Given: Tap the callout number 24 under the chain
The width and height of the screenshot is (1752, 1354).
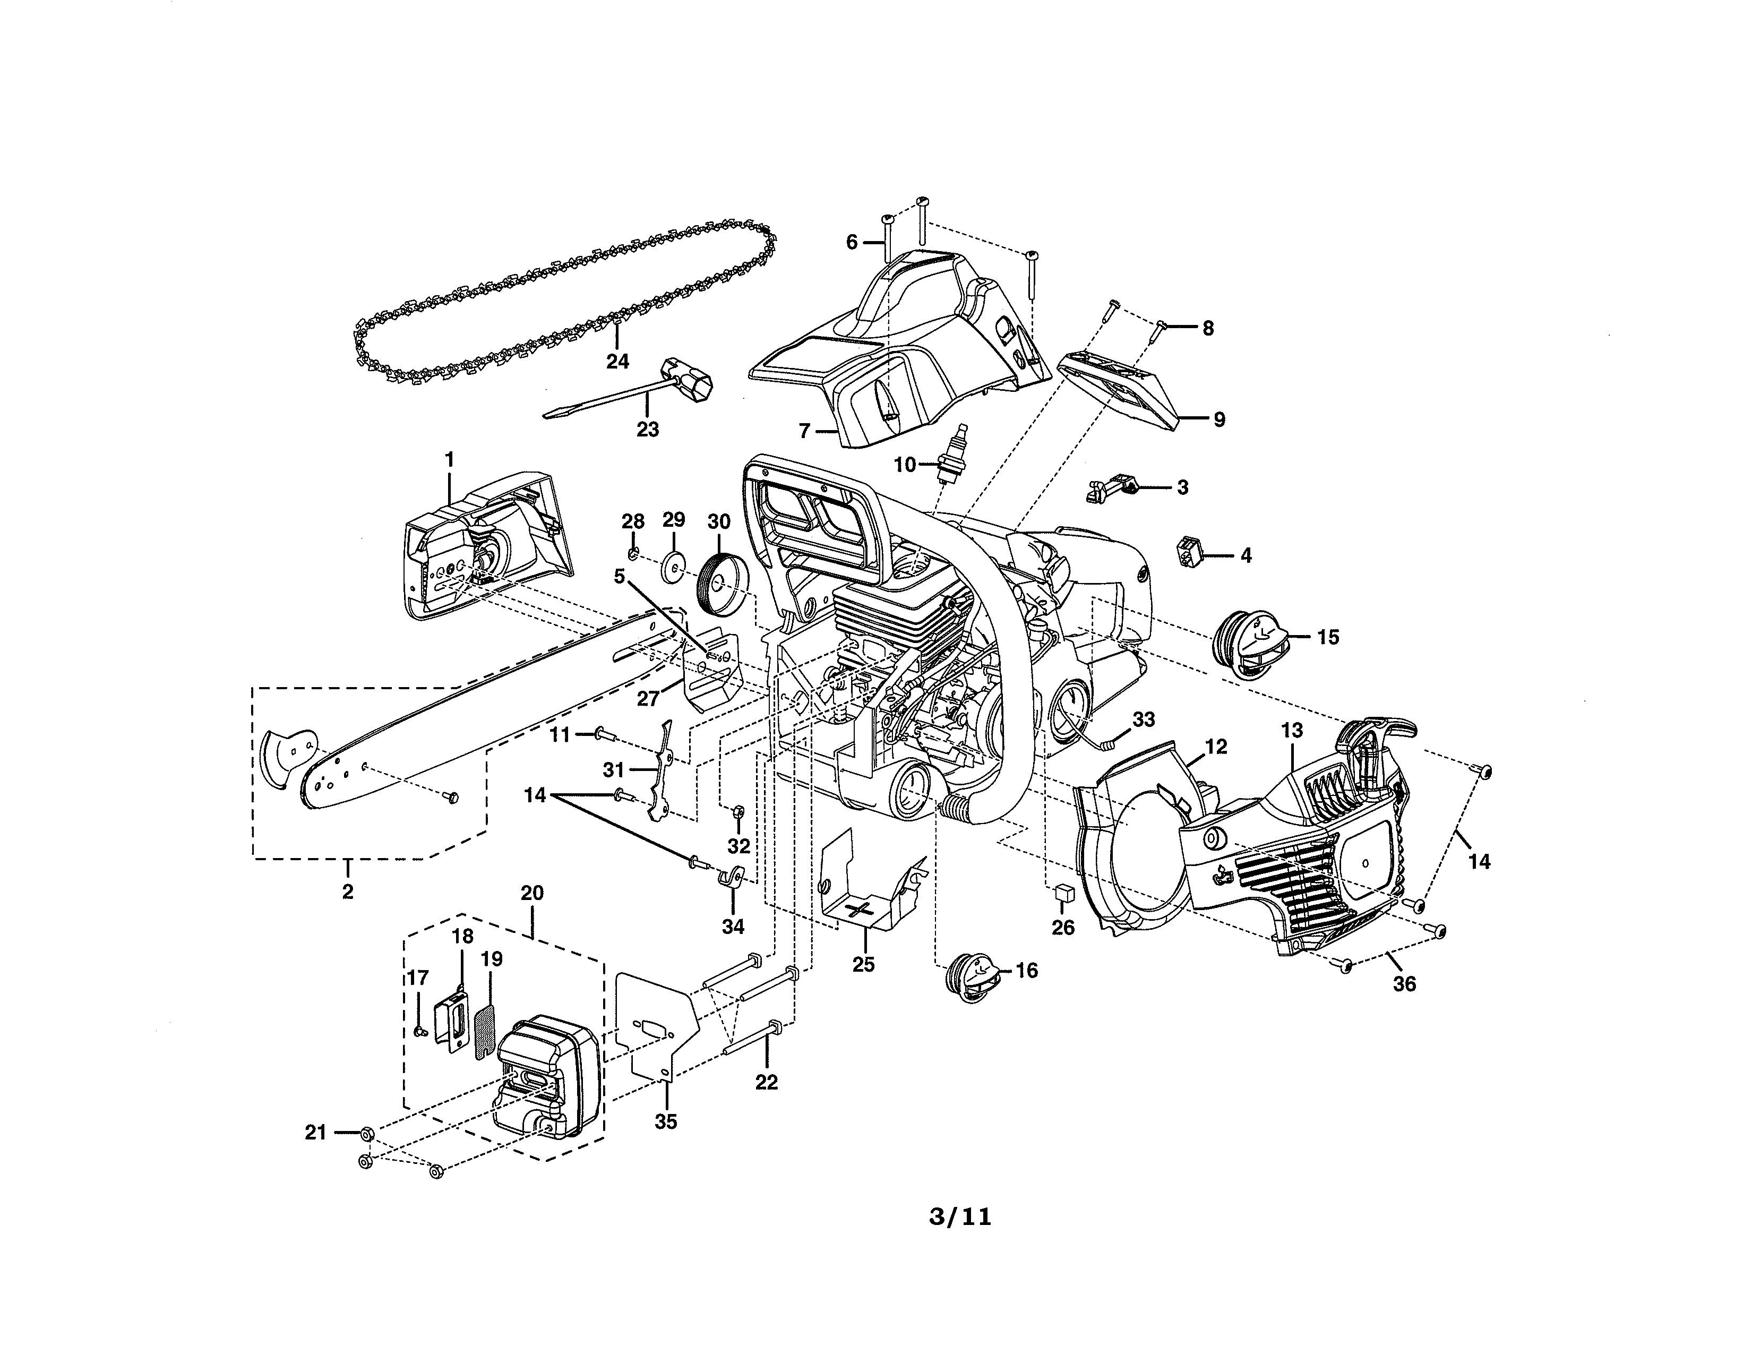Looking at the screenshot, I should click(617, 362).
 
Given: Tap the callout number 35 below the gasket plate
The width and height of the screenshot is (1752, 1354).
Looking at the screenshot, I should click(665, 1121).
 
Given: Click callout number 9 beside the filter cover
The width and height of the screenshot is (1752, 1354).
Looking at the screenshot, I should click(1218, 419).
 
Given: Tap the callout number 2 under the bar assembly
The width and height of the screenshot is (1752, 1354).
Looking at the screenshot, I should click(347, 891).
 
